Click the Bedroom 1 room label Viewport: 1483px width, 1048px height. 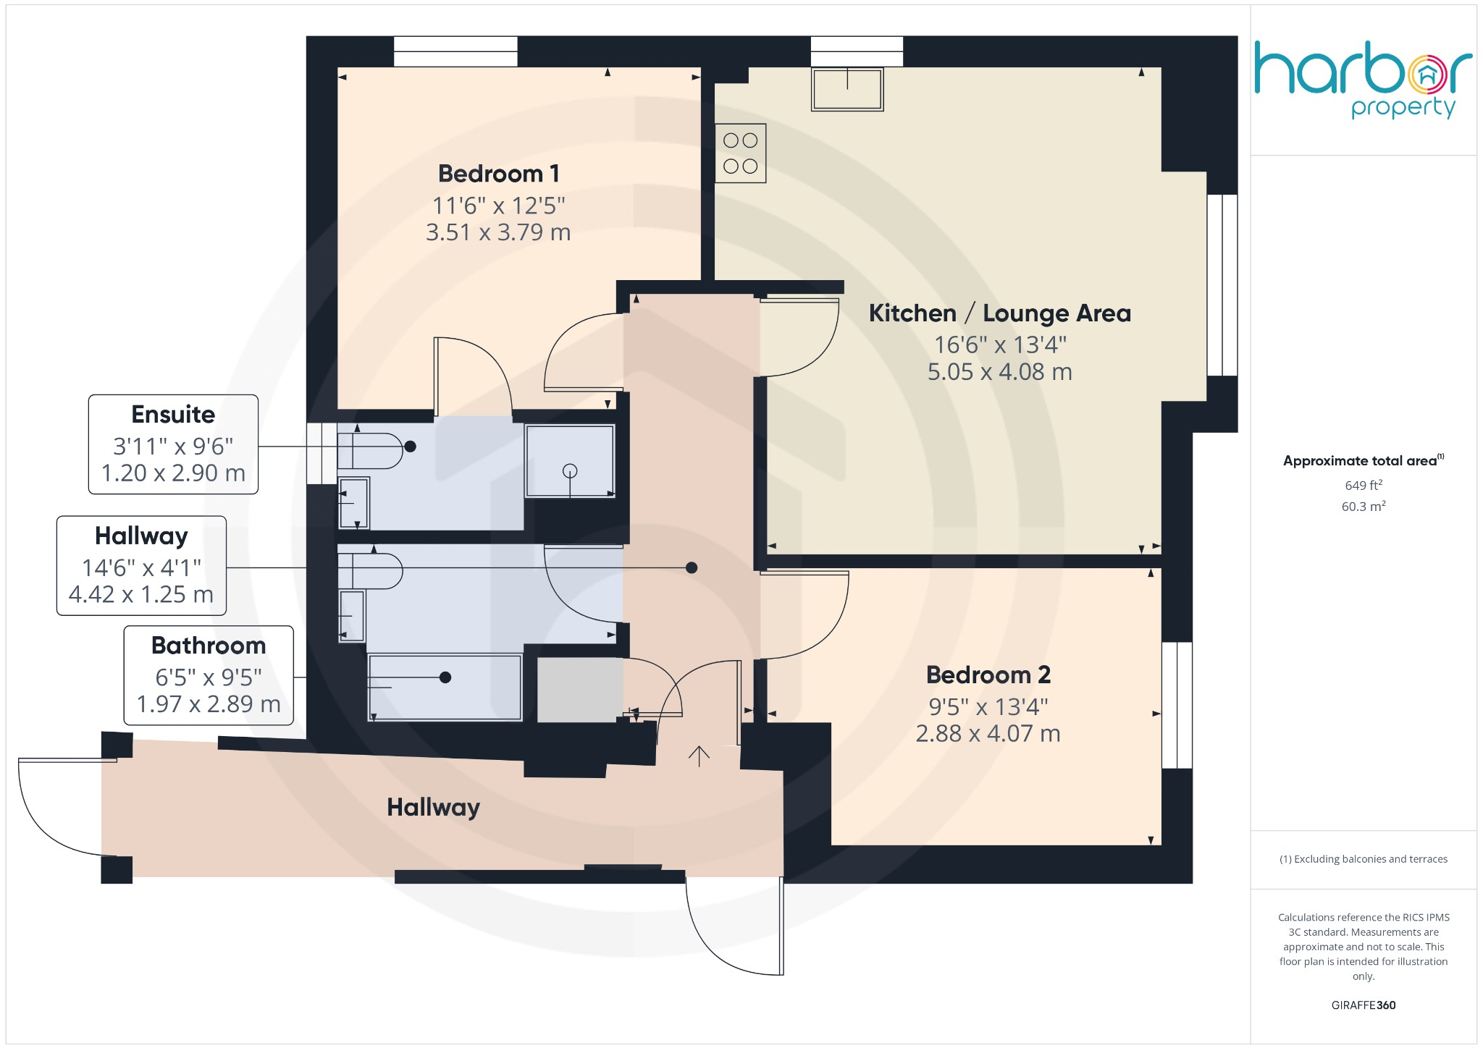pos(498,174)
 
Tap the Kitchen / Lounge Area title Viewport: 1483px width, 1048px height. pos(999,313)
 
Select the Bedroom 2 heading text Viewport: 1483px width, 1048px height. pos(988,675)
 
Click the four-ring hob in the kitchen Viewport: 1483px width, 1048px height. pos(740,153)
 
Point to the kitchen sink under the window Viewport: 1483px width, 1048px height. pos(847,89)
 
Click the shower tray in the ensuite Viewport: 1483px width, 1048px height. pos(570,461)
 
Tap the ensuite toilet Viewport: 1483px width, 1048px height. pos(369,451)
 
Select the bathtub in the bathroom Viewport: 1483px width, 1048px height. pos(445,687)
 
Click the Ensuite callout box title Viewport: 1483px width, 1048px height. pos(173,415)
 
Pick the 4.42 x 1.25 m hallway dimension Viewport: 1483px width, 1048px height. pos(141,595)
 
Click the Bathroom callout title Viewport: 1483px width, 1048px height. pos(209,646)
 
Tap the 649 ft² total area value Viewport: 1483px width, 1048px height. pos(1363,486)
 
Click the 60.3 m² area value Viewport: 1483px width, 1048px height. pos(1363,507)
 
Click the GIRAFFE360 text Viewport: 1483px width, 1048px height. pos(1363,1005)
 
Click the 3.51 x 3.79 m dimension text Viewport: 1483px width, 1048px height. pos(498,232)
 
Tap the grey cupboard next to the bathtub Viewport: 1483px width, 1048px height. pos(579,690)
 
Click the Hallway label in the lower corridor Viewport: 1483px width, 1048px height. pos(433,807)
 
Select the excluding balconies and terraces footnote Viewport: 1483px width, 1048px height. pos(1363,859)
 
